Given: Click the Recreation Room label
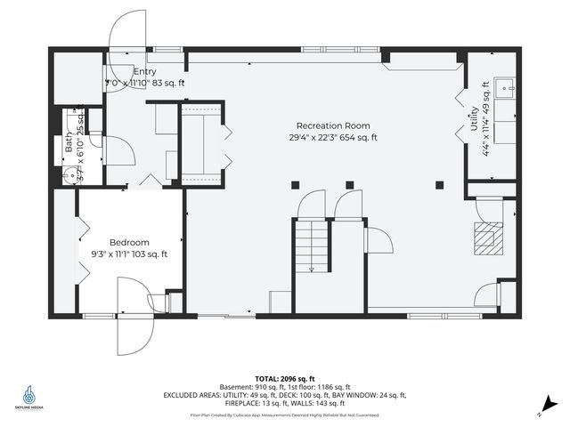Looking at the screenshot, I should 334,125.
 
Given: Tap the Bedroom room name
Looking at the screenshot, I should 129,242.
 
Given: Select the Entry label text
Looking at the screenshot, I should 145,70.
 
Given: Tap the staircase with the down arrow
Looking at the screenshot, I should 312,246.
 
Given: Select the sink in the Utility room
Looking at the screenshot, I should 505,87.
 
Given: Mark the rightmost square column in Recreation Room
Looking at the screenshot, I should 439,185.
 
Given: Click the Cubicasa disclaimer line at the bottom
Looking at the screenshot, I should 284,415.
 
